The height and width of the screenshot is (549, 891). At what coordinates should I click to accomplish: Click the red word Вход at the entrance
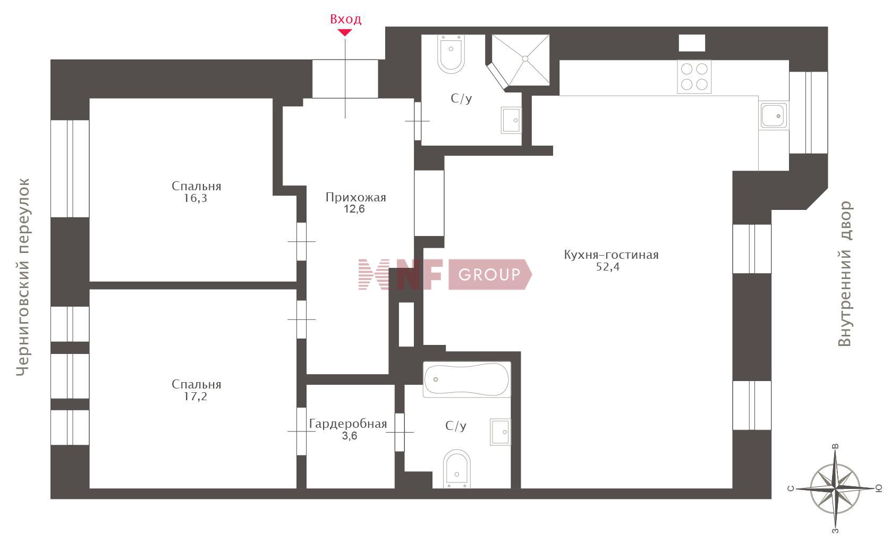(346, 19)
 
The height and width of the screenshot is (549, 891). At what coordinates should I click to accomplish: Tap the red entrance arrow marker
(345, 33)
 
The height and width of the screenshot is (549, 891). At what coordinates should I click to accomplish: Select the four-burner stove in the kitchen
(694, 77)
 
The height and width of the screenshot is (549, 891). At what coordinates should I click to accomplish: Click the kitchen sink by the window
(773, 115)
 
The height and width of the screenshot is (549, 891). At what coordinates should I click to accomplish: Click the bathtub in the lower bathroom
(467, 379)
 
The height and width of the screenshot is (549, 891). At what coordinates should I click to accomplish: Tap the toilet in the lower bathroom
(456, 469)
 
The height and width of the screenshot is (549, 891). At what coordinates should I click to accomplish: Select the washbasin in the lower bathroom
(500, 432)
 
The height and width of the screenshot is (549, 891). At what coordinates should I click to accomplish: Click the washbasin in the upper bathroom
(511, 120)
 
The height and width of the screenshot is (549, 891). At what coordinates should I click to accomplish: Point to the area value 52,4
(607, 267)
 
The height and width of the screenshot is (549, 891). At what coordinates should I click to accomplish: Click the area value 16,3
(196, 198)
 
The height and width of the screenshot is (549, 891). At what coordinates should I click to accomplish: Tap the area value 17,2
(196, 396)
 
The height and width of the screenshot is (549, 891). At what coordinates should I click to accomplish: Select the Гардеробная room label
(348, 424)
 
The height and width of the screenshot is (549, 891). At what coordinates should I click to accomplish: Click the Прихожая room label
(355, 197)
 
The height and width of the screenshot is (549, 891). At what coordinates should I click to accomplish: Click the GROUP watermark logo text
(489, 274)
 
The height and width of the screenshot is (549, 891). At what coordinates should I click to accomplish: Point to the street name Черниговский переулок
(23, 277)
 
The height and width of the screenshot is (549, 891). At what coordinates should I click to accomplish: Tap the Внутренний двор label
(845, 274)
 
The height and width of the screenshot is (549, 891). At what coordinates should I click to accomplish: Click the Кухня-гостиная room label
(612, 255)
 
